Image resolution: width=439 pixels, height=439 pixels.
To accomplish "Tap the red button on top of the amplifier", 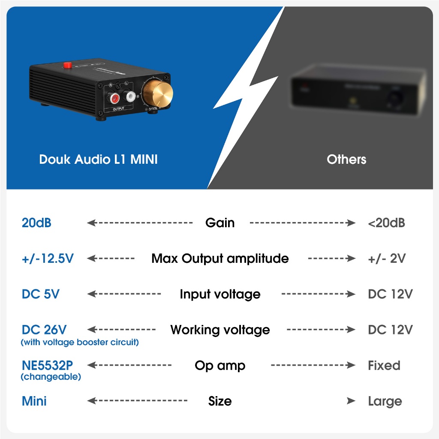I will (67, 65).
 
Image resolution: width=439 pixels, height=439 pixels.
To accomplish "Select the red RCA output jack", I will (114, 99).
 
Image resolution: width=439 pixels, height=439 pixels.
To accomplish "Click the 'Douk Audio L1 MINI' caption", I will (98, 159).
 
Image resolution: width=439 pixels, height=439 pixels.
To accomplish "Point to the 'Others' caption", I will (346, 159).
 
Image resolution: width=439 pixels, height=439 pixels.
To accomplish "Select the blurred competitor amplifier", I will (358, 90).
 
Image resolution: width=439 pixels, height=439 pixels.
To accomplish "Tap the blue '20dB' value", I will (36, 223).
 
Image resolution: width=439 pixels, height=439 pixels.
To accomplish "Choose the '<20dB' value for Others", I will (386, 223).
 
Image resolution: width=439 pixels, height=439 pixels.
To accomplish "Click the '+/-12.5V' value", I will (48, 259).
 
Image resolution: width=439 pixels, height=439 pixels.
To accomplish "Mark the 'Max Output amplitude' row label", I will (220, 259).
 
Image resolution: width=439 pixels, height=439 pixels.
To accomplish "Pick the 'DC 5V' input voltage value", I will (41, 294).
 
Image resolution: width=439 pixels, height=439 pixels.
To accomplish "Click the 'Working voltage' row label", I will (220, 330).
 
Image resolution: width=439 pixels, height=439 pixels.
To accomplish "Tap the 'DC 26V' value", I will (44, 330).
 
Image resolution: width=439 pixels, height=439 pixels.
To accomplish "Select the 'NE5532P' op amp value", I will (47, 365).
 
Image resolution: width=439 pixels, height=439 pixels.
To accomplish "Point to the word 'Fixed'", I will (384, 366).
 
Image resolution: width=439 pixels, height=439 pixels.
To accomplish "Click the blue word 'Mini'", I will (34, 401).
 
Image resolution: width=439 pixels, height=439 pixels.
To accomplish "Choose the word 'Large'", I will (385, 402).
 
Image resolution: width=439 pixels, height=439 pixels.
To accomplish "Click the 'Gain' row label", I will (220, 223).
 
